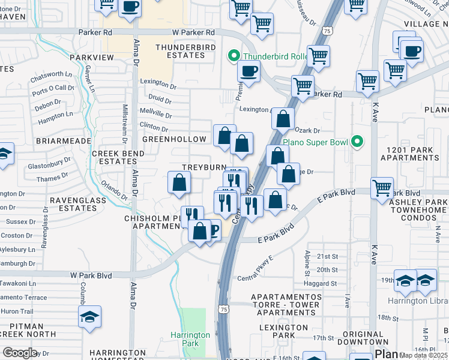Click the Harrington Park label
[x=190, y=339]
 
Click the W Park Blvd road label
[x=91, y=275]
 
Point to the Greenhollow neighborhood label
[x=174, y=139]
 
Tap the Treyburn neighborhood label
[x=204, y=167]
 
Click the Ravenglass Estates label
[x=73, y=204]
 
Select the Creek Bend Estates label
[x=118, y=158]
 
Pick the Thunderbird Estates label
[x=180, y=51]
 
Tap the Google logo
[x=19, y=353]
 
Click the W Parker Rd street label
[x=193, y=32]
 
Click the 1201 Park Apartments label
[x=413, y=153]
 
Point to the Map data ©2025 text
[x=424, y=355]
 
